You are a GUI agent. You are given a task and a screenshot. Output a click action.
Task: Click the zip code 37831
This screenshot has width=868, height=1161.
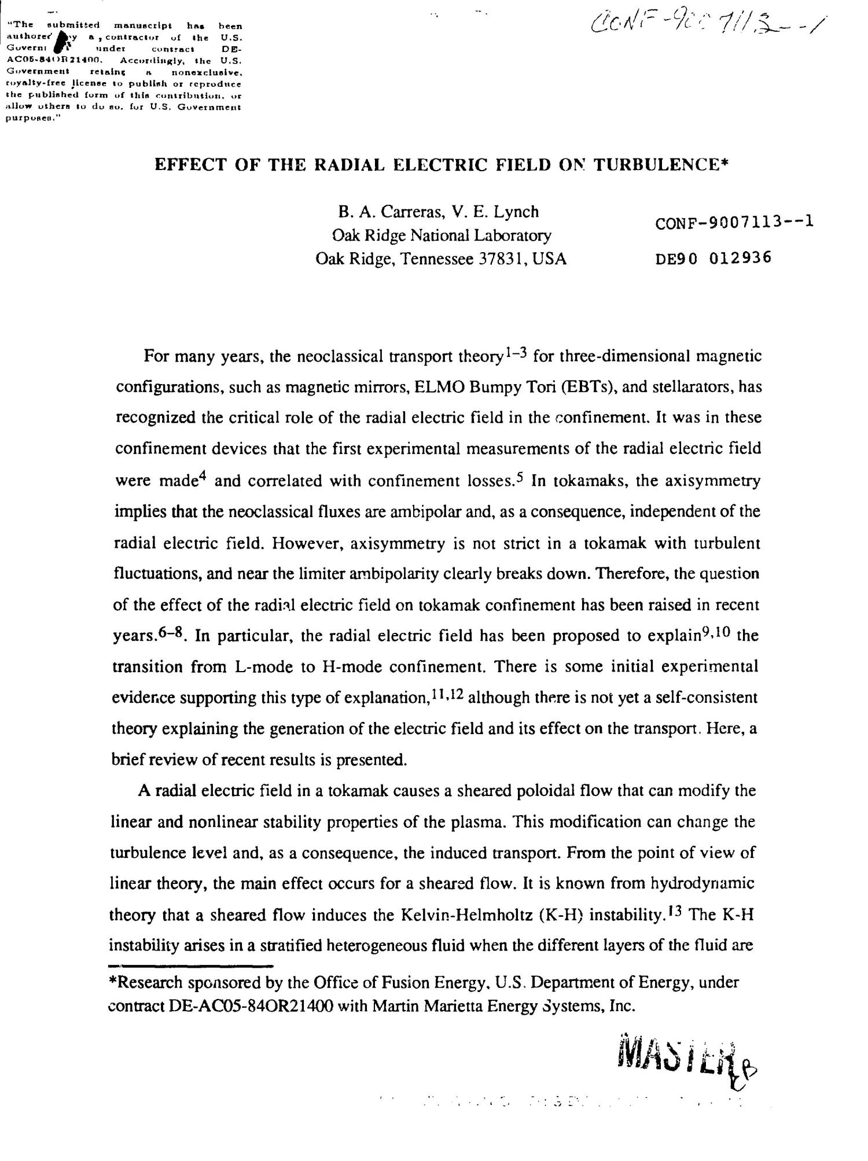502,259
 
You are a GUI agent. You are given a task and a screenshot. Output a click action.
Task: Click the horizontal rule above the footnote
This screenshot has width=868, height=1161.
191,965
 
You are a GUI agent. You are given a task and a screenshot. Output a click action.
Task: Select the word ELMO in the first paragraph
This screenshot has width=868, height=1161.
440,386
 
